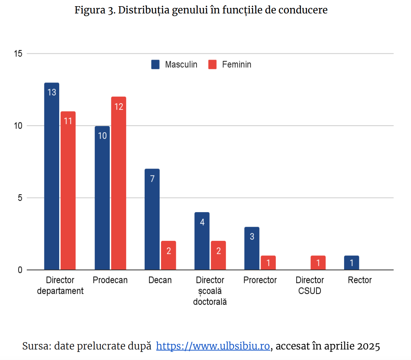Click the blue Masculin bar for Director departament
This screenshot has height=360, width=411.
(52, 176)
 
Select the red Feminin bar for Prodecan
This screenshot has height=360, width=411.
(118, 183)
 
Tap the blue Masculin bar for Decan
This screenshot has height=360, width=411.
(152, 219)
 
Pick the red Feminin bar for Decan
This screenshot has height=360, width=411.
(169, 255)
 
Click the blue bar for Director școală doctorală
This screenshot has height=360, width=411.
(202, 241)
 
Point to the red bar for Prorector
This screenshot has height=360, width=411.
(268, 263)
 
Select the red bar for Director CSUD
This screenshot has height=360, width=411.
(318, 263)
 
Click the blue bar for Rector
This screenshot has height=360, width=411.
(351, 263)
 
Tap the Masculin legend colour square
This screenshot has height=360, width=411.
(156, 65)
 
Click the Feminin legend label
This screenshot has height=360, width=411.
(237, 65)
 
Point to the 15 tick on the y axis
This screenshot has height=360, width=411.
(18, 54)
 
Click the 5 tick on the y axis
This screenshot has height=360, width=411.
(20, 198)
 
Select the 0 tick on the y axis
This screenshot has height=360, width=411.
(20, 270)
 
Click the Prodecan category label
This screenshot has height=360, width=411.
(110, 280)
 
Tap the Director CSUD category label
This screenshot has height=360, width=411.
(310, 286)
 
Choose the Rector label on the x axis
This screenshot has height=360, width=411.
(360, 280)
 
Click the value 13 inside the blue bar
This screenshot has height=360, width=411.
(52, 92)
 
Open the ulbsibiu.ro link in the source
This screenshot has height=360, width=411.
(213, 346)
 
